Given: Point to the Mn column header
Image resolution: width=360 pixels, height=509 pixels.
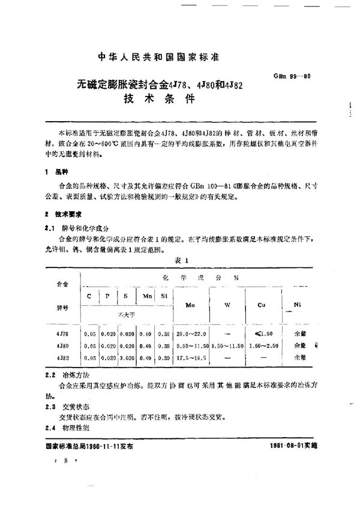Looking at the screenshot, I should click(x=147, y=296).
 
